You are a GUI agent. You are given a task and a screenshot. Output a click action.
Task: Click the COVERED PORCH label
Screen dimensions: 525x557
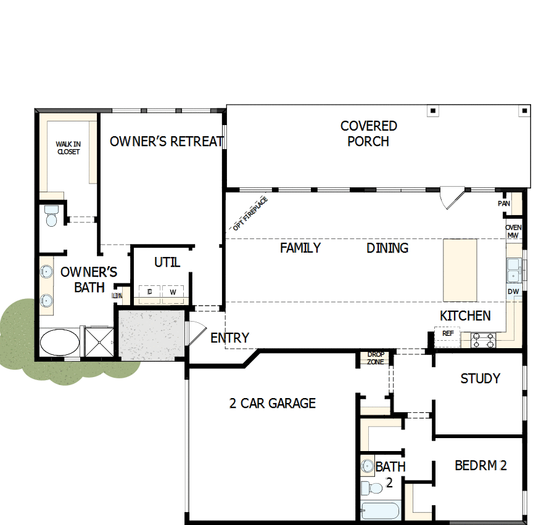click(368, 134)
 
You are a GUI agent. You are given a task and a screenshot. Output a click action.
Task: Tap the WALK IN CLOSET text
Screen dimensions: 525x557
click(68, 148)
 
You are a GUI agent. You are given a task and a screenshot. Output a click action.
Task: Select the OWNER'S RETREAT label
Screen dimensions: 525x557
click(166, 142)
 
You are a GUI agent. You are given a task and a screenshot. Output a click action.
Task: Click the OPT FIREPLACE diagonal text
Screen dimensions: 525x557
click(250, 213)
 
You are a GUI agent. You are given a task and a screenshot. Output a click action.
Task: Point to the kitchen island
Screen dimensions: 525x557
click(460, 270)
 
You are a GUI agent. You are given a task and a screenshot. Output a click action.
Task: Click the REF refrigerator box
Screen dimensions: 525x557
click(447, 333)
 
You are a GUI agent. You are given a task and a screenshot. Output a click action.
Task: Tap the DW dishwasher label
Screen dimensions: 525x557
click(513, 291)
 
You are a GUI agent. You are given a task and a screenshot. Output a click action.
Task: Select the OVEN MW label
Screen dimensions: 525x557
click(513, 231)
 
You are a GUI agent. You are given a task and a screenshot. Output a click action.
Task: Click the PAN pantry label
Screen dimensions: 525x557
click(504, 203)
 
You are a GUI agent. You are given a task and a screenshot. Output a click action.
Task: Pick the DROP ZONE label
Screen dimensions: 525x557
click(375, 358)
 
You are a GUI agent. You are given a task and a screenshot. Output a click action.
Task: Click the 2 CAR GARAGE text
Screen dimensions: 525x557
click(272, 404)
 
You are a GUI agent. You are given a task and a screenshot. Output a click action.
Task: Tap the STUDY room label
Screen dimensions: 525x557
click(480, 378)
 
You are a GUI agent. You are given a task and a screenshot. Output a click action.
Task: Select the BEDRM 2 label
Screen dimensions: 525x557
click(481, 465)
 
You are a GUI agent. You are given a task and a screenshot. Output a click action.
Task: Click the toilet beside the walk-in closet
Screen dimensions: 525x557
click(51, 216)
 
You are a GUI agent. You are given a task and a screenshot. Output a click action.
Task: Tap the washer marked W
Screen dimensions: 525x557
click(173, 291)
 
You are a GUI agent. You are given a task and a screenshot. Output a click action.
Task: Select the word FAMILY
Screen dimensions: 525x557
click(300, 248)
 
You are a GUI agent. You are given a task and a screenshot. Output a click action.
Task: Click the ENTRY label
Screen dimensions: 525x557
click(229, 338)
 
